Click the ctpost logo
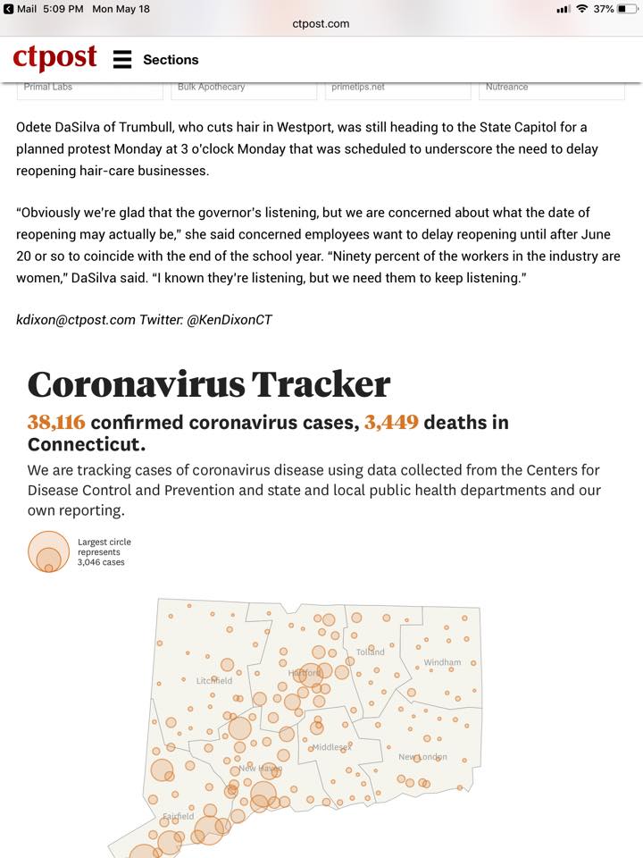(x=54, y=59)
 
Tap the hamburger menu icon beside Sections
(x=122, y=60)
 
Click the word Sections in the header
(x=171, y=60)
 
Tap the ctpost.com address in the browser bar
(x=321, y=24)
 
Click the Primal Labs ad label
(x=48, y=87)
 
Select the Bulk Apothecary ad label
(x=211, y=87)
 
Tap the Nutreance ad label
(x=506, y=87)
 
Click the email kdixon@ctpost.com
(x=76, y=319)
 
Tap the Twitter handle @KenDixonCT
(x=229, y=319)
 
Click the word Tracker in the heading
(x=320, y=384)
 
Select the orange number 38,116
(x=56, y=422)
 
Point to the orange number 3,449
(x=391, y=422)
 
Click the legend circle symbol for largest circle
(x=48, y=551)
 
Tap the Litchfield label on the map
(x=214, y=681)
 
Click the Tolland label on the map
(x=370, y=652)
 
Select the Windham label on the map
(x=442, y=662)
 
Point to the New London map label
(x=422, y=757)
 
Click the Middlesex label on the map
(x=332, y=747)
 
